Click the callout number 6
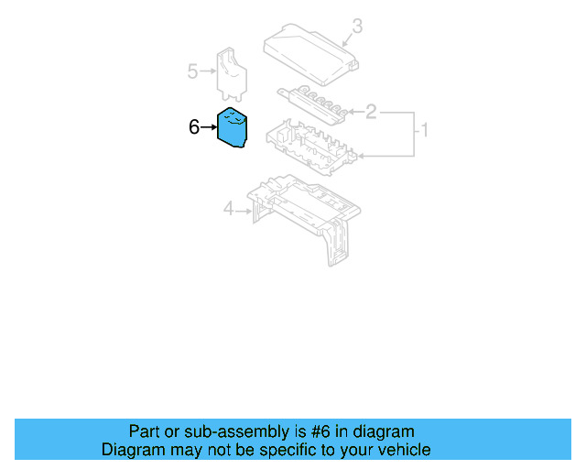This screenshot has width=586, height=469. [x=193, y=127]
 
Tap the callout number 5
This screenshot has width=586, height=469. [x=192, y=70]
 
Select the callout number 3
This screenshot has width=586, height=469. [x=357, y=27]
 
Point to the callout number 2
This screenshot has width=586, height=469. [x=371, y=113]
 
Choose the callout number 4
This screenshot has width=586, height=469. [x=228, y=210]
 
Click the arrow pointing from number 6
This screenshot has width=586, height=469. [x=208, y=127]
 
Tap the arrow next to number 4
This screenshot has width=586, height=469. [x=244, y=211]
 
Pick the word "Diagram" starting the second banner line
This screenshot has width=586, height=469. [x=131, y=450]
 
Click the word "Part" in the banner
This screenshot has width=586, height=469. [x=145, y=431]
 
